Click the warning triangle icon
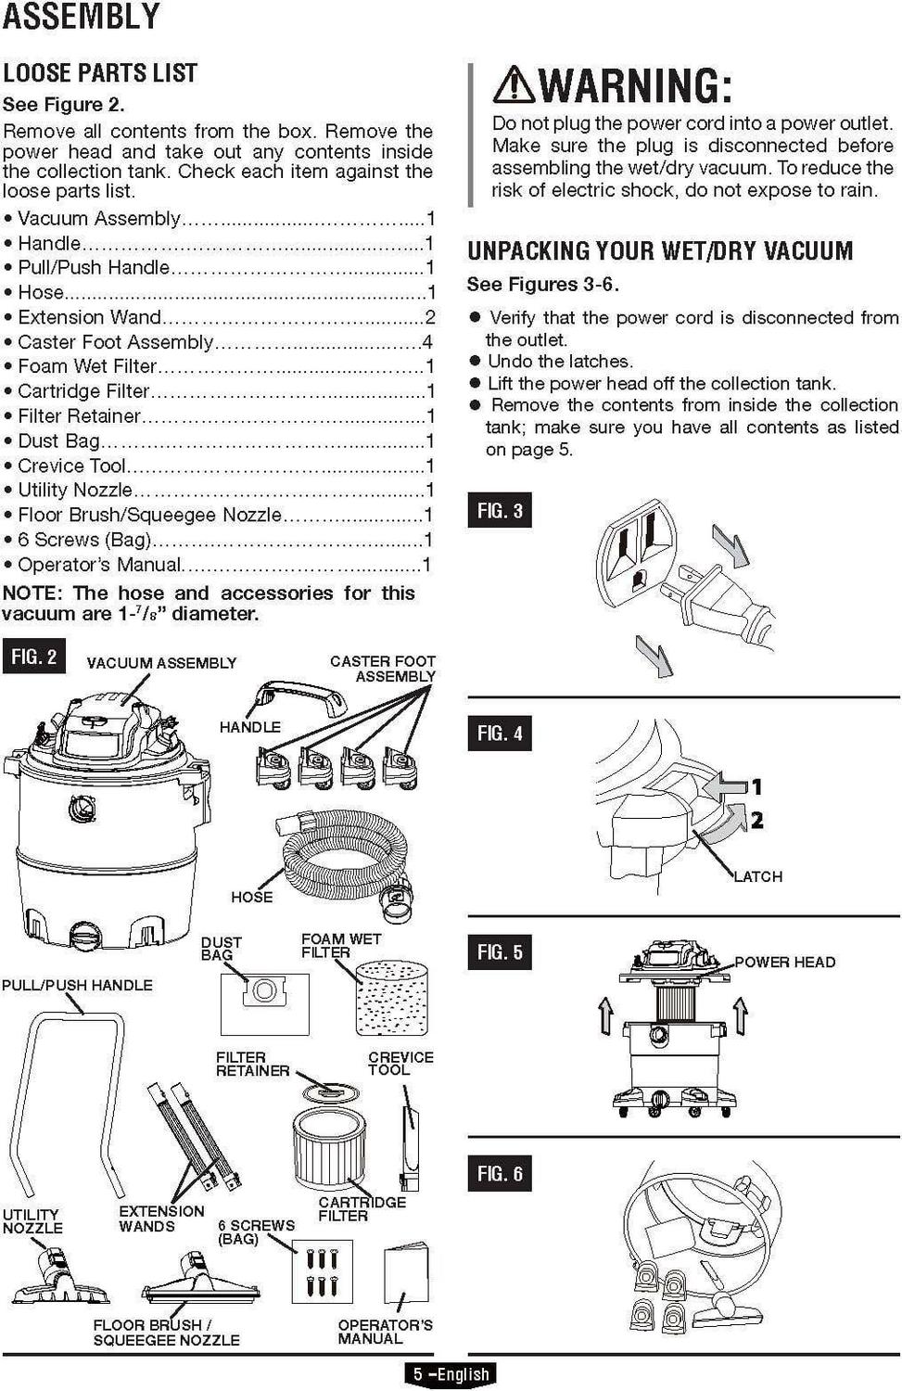513,84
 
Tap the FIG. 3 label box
500,510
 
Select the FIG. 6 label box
500,1173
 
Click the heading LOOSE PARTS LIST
100,73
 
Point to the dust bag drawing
264,1002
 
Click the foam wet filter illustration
392,998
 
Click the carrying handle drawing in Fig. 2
299,696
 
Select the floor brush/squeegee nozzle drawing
200,1281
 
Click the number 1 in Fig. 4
756,787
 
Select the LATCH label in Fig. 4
758,876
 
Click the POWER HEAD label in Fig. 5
784,962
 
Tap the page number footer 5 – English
451,1374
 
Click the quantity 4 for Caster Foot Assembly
426,342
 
